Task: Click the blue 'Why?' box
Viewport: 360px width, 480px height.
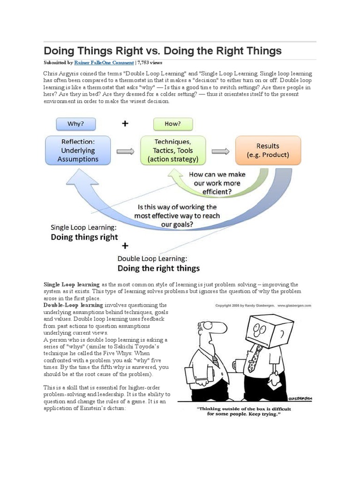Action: click(75, 124)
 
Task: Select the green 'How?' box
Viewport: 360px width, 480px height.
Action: click(172, 124)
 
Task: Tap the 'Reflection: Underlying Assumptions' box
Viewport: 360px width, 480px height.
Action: click(78, 150)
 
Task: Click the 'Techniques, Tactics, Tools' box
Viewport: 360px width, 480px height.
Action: click(172, 150)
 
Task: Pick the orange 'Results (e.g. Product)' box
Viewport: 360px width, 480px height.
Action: click(268, 150)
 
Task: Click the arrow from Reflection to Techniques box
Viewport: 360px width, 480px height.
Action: click(125, 151)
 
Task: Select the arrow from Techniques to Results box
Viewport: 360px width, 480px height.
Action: click(220, 151)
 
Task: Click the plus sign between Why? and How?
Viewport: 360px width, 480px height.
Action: click(125, 124)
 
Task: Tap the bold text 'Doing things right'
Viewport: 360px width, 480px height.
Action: click(84, 237)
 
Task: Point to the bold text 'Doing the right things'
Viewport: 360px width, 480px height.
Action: click(158, 268)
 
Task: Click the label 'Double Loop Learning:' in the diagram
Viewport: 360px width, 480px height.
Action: click(152, 258)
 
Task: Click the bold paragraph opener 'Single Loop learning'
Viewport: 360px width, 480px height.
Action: click(71, 285)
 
